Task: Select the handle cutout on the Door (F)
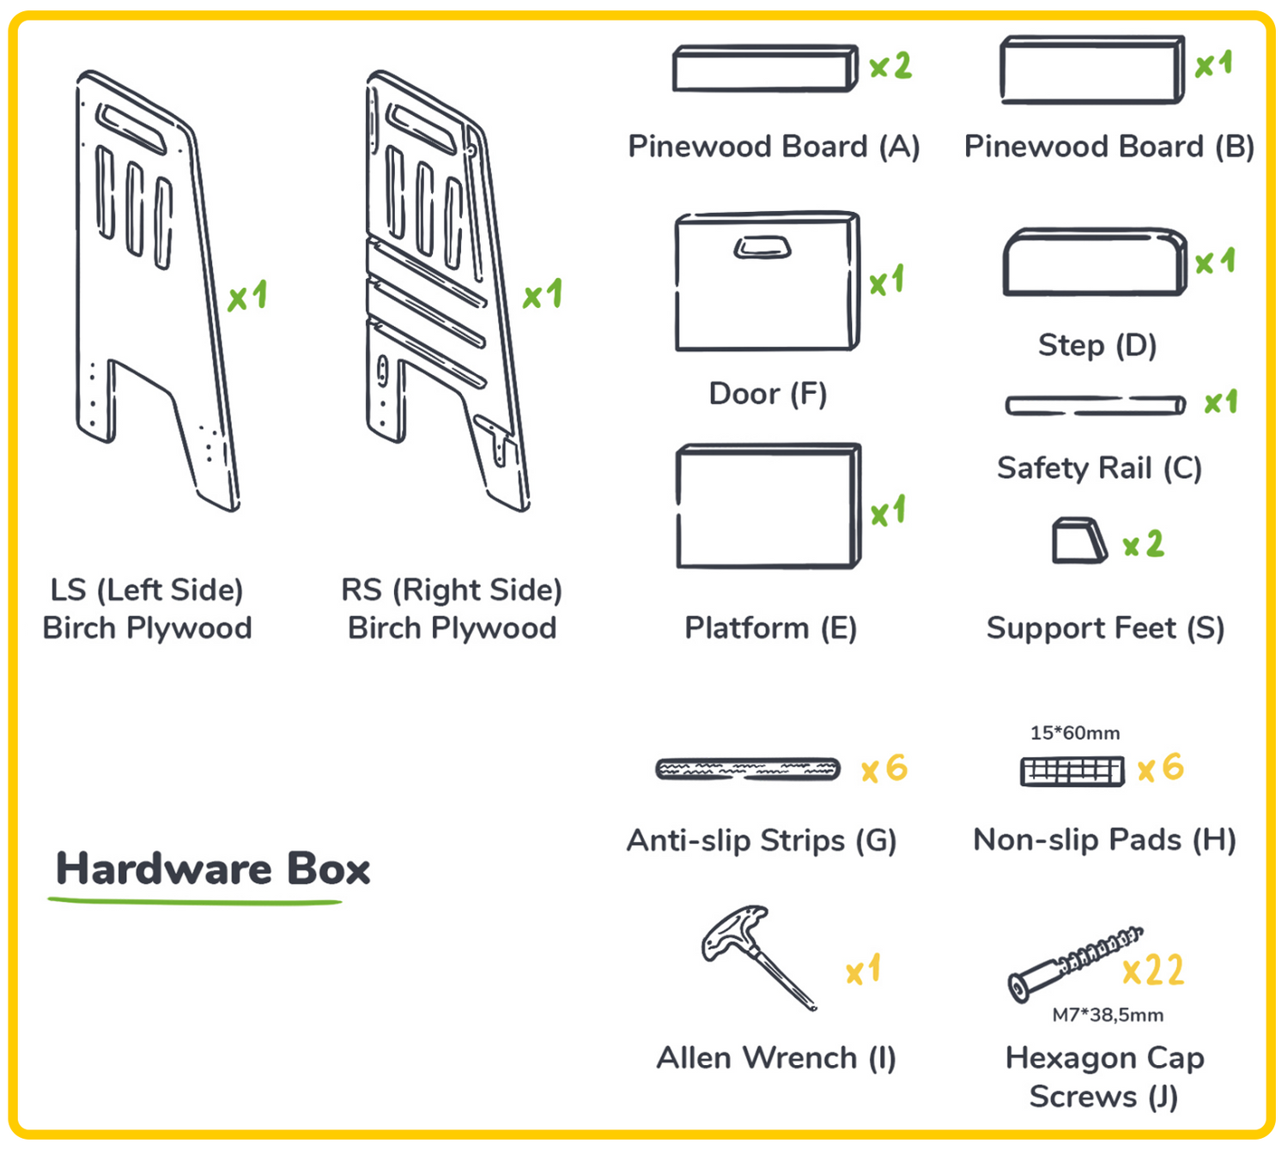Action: (762, 248)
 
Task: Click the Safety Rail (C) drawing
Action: (1095, 405)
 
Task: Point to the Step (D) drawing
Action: (1095, 262)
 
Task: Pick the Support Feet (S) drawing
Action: (1078, 541)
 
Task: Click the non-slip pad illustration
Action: (1072, 772)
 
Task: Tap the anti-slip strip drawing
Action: (748, 770)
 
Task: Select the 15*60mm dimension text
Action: (1074, 733)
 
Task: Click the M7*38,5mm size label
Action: (1108, 1015)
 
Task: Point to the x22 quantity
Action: (1153, 970)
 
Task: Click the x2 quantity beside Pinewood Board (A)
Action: (890, 65)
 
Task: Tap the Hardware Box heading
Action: (213, 869)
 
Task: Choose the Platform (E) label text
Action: (770, 628)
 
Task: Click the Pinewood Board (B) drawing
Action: (1092, 70)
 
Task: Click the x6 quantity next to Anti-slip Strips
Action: (884, 768)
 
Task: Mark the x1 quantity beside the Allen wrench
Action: (863, 970)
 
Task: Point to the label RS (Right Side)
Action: (452, 590)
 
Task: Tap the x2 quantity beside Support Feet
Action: (1143, 544)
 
